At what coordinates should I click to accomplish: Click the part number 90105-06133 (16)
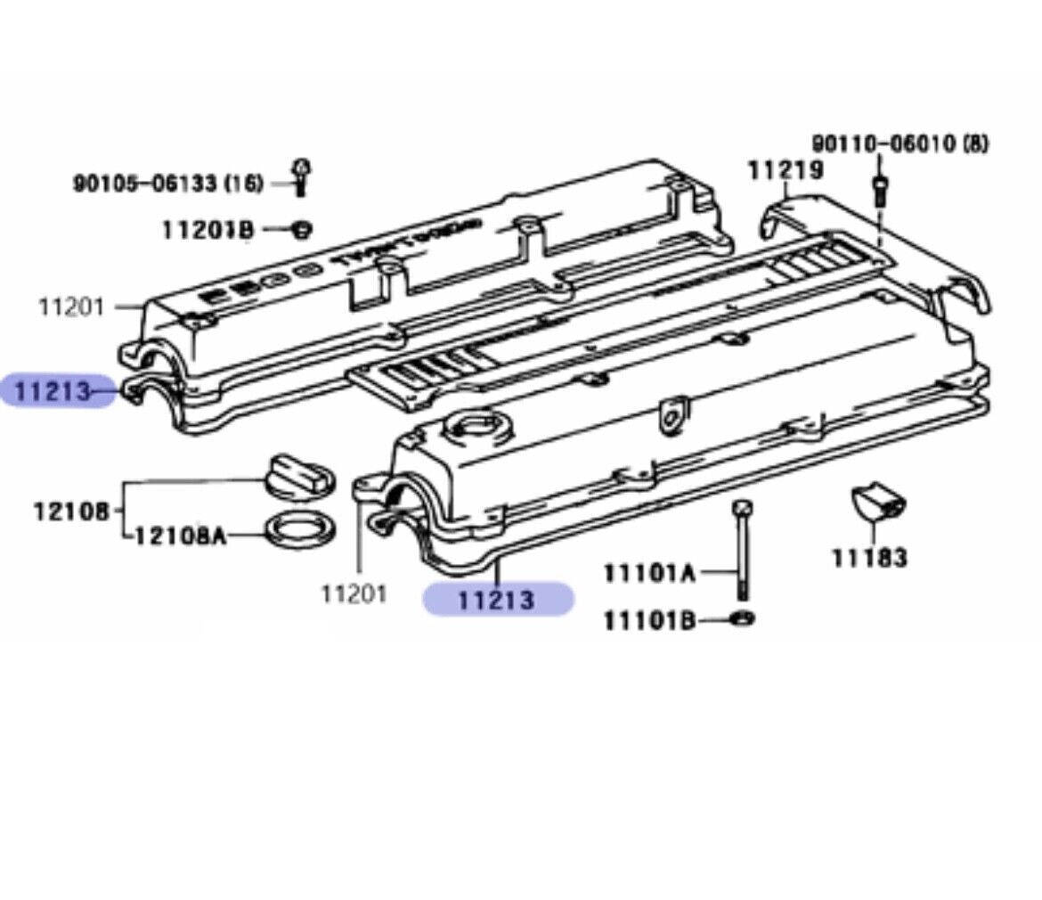pos(167,184)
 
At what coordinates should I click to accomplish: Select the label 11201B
pos(208,230)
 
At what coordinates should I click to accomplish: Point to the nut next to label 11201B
pos(302,229)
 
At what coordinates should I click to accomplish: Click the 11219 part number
pos(785,169)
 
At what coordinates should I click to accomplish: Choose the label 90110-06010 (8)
pos(900,143)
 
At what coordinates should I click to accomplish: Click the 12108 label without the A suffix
pos(71,511)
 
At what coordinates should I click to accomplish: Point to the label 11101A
pos(649,572)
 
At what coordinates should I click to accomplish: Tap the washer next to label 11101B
pos(743,618)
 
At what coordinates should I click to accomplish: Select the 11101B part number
pos(649,619)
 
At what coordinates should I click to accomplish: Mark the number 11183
pos(869,558)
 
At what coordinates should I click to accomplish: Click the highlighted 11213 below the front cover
pos(497,599)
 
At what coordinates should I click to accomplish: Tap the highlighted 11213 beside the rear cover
pos(53,390)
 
